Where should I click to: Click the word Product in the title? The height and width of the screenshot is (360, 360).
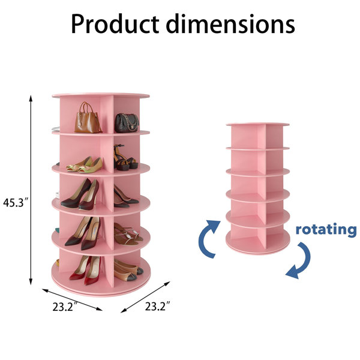pos(115,23)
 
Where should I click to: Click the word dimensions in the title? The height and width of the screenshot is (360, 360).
pos(230,23)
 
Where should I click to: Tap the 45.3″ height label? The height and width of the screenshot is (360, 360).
pos(15,202)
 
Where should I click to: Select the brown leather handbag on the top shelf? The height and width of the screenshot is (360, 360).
pos(88,118)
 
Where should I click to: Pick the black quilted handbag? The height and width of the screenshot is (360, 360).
pos(127,123)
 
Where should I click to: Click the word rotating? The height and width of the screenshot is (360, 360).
pos(326,230)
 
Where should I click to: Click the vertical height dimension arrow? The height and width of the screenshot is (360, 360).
pos(31,190)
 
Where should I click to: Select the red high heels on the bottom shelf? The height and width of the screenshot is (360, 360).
pos(86,270)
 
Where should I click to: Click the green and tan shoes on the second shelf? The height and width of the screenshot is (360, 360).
pos(85,164)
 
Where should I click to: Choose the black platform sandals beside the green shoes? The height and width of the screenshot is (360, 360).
pos(125,157)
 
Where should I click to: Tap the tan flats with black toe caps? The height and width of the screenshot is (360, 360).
pos(128,270)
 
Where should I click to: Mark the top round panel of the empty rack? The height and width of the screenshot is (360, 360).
pos(257,124)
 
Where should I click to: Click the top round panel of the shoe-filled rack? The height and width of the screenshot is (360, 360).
pos(101,95)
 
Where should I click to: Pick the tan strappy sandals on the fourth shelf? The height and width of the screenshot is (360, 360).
pos(128,234)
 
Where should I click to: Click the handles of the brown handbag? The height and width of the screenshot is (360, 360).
pos(86,107)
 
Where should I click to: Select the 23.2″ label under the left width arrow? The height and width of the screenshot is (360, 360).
pos(65,307)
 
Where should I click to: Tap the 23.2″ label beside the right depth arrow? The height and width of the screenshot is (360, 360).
pos(157,306)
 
